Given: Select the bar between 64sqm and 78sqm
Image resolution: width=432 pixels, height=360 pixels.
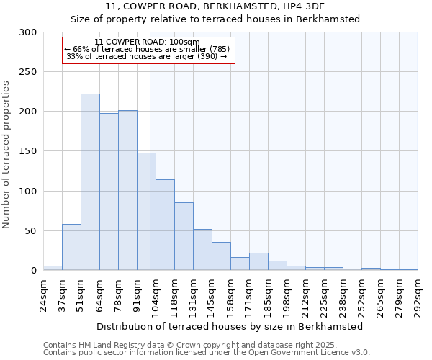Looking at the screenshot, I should tap(109, 192).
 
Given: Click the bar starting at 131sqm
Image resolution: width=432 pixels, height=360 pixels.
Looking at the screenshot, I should tap(202, 249).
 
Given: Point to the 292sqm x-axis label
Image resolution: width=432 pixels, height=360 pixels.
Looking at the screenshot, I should tap(418, 295).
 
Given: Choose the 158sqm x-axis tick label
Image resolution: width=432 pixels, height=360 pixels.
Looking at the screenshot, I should tap(230, 295).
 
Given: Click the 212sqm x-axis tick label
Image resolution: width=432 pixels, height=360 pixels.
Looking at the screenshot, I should tap(305, 295).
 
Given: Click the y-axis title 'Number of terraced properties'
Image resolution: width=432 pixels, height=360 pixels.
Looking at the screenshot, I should tap(7, 154).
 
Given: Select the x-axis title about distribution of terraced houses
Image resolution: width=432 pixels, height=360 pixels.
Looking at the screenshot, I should tap(230, 326).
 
